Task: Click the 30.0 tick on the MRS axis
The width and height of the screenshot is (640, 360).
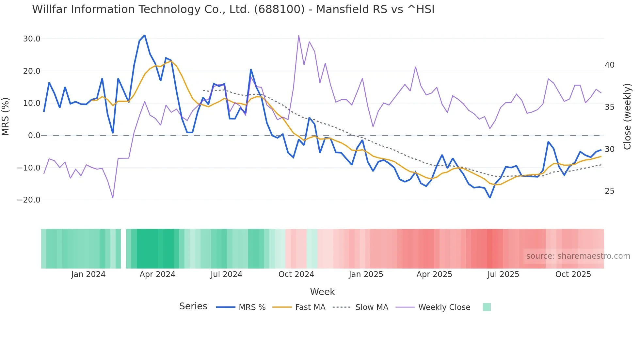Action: point(32,39)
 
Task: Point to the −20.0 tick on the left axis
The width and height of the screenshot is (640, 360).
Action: point(29,200)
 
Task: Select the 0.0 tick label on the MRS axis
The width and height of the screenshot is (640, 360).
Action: point(34,136)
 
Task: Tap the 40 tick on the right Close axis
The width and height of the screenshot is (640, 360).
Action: point(609,65)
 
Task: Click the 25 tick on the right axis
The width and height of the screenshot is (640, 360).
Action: point(609,191)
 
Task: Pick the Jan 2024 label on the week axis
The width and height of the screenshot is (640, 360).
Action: point(88,274)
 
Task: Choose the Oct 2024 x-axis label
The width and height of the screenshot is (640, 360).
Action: point(296,274)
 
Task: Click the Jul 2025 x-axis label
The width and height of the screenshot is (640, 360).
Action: point(503,274)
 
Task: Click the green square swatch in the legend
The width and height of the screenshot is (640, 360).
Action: point(487,307)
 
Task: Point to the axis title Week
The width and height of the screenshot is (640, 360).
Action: point(322,292)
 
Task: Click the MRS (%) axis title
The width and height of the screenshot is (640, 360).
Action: point(6,116)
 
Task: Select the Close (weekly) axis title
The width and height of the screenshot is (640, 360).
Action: point(627,117)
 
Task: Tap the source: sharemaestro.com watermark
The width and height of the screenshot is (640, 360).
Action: point(578,256)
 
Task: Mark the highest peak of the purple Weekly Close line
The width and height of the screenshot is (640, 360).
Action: point(298,36)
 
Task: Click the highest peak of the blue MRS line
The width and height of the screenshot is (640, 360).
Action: point(144,35)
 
